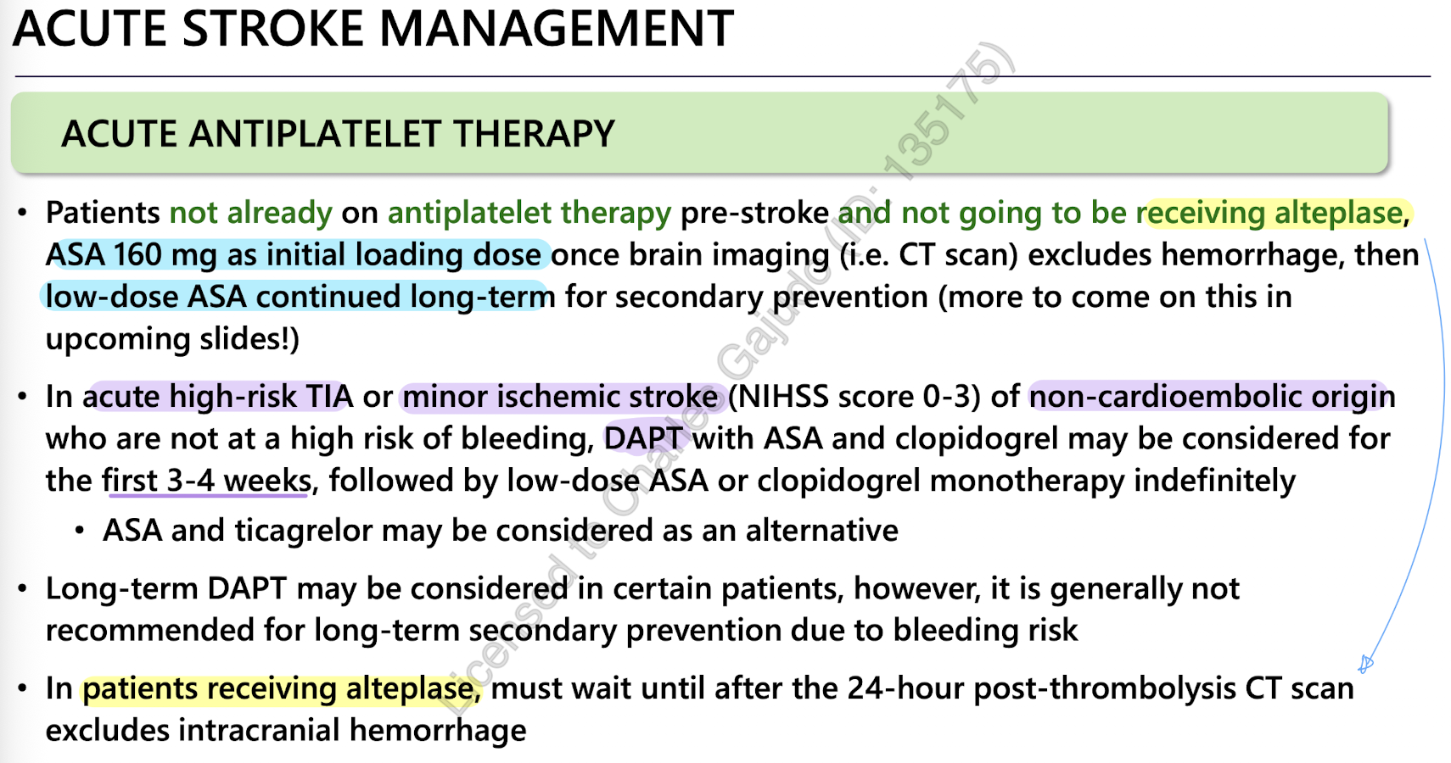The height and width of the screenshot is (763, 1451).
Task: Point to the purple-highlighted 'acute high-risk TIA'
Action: (218, 397)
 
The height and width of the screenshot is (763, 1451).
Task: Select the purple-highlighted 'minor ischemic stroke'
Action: (561, 397)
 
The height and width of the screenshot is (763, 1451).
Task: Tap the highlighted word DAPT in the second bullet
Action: (643, 438)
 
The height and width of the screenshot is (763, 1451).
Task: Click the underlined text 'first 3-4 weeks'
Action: (206, 481)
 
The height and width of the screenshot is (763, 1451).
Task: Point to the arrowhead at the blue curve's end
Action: (1365, 664)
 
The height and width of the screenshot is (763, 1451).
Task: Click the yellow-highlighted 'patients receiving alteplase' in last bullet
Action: (281, 688)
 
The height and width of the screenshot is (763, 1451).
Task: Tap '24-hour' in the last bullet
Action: (905, 688)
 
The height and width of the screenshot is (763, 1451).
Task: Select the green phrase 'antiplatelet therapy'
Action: (529, 213)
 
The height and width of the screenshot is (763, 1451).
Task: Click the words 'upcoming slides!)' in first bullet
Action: (172, 339)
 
